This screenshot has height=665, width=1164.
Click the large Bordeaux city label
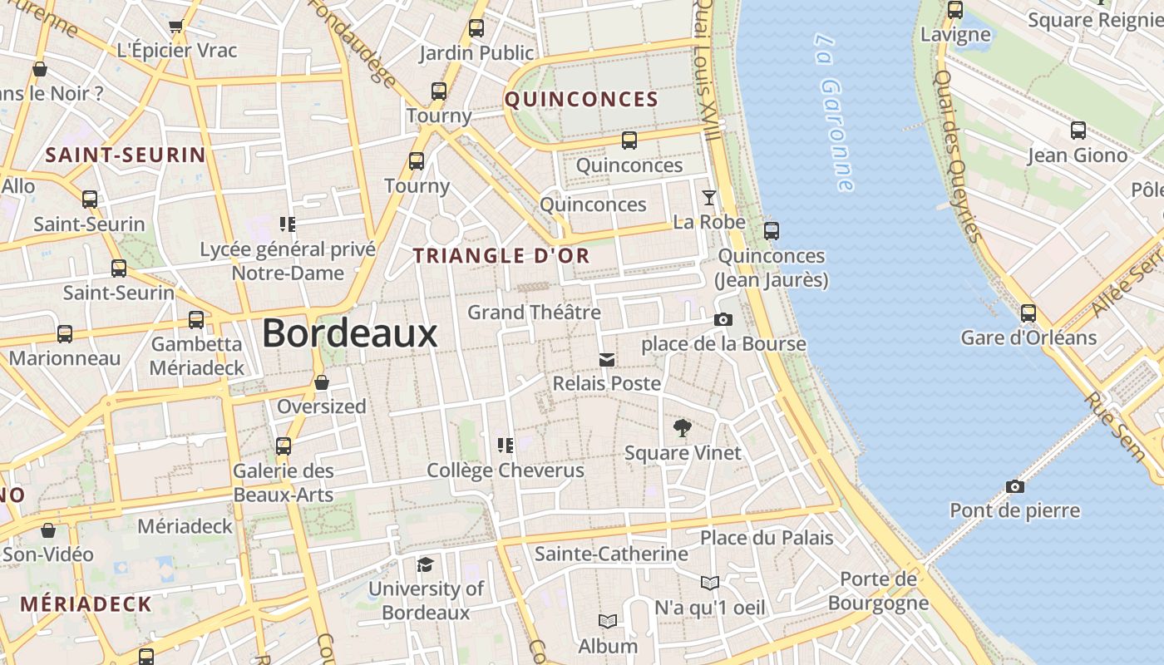tap(349, 333)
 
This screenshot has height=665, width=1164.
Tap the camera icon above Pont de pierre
tap(1014, 486)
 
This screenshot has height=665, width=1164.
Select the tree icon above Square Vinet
tap(683, 429)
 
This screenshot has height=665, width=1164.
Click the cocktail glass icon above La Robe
tap(708, 197)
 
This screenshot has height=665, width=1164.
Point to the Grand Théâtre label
tap(534, 313)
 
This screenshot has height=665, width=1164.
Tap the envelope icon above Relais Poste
tap(607, 359)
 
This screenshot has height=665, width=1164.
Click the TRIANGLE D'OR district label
tap(501, 256)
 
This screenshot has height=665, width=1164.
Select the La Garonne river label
tap(834, 111)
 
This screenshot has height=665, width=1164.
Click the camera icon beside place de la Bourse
tap(723, 319)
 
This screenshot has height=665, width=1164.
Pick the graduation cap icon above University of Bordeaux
tap(426, 565)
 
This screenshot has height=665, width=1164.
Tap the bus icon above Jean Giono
tap(1078, 131)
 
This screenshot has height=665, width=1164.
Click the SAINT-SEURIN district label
tap(126, 155)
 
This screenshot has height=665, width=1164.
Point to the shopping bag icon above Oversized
tap(322, 382)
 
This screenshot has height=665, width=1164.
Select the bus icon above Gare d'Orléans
tap(1028, 313)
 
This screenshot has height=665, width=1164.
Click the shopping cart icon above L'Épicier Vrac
tap(176, 27)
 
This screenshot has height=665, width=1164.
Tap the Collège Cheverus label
tap(506, 470)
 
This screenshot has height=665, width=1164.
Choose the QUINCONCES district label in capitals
tap(581, 100)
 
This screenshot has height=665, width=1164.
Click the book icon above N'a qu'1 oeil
tap(709, 583)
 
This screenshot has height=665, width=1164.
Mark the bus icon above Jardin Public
tap(476, 28)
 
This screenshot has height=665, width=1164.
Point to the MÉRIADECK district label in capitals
tap(86, 604)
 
